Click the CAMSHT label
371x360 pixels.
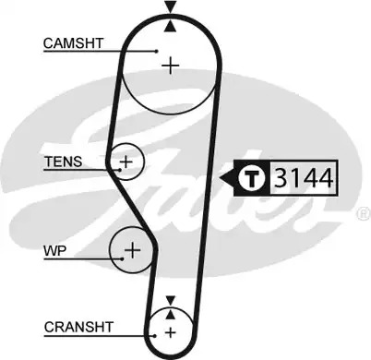73,43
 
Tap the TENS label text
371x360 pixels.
64,162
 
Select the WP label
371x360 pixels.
55,251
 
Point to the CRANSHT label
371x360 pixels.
78,327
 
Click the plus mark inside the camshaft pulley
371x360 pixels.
171,66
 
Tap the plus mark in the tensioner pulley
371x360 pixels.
126,162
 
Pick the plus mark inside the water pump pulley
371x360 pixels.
133,250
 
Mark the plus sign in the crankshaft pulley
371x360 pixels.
170,332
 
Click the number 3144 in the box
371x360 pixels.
304,178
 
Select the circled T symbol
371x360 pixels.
252,178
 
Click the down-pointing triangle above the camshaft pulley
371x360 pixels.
170,6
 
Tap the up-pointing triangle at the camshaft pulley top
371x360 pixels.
170,26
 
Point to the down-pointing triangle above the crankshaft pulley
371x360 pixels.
170,301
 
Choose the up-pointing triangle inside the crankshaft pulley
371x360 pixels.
170,314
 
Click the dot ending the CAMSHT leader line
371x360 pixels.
157,51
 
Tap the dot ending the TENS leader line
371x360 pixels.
119,170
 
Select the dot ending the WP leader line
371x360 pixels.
123,258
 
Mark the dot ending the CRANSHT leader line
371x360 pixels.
155,336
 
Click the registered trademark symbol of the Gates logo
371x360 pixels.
365,213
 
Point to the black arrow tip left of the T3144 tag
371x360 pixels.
221,178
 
